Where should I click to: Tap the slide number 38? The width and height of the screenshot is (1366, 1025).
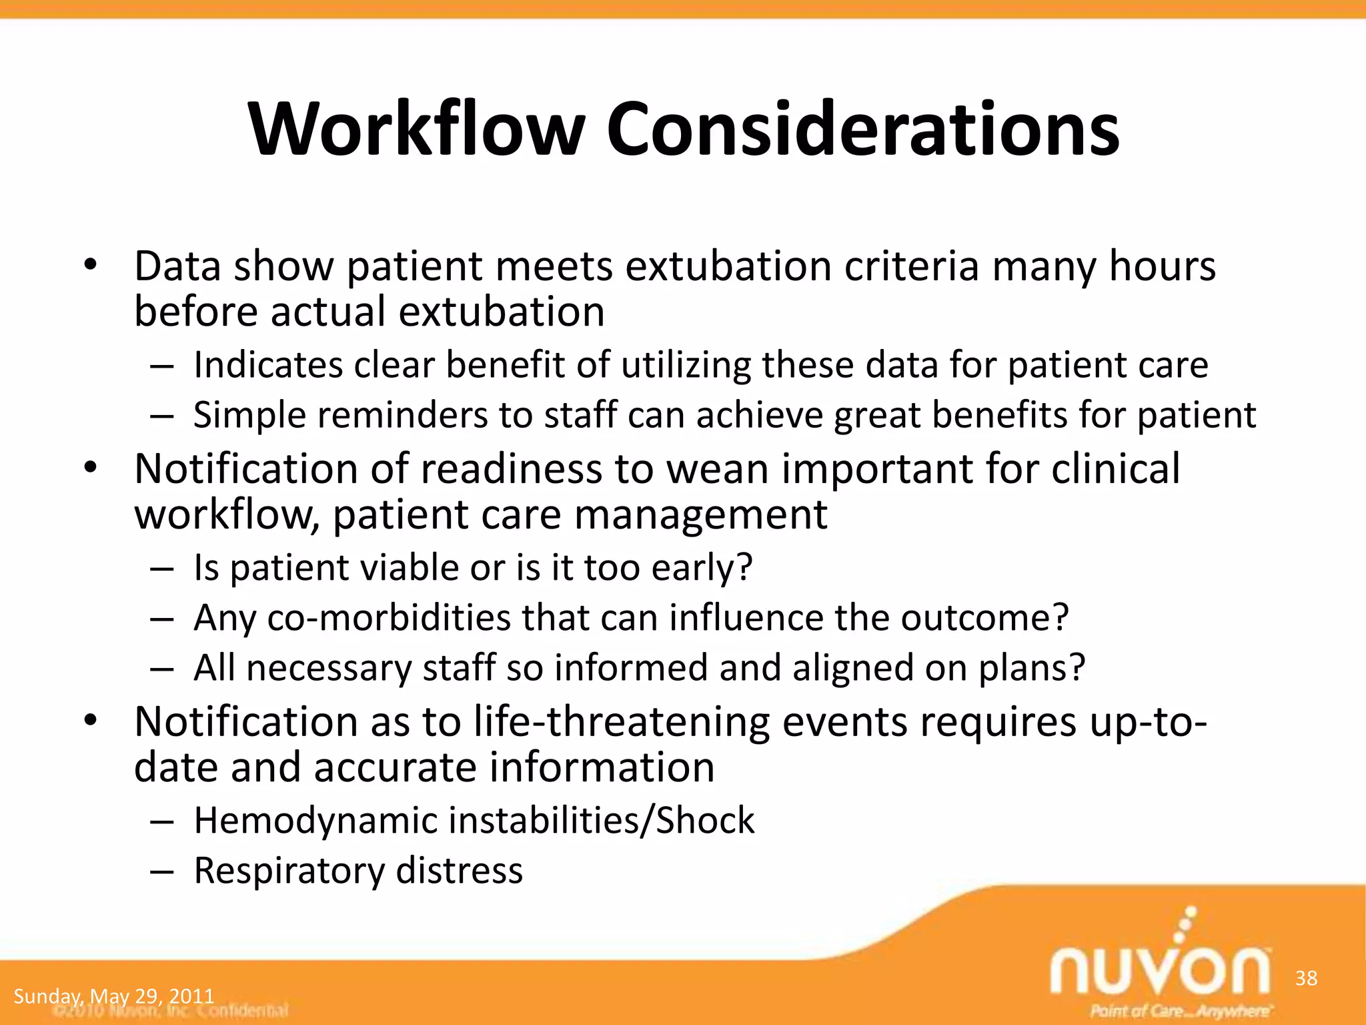(1306, 978)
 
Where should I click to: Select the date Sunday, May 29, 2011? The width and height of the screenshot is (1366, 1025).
(113, 996)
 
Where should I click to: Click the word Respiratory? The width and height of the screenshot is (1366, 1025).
(289, 870)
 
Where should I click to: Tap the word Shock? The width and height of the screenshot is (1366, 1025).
(705, 820)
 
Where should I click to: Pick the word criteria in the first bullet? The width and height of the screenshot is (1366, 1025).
(912, 266)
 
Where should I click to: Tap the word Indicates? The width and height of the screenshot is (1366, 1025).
(268, 365)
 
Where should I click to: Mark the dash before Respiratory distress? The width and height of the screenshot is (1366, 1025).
(162, 871)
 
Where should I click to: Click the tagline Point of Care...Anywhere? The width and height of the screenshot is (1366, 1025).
(1179, 1010)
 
